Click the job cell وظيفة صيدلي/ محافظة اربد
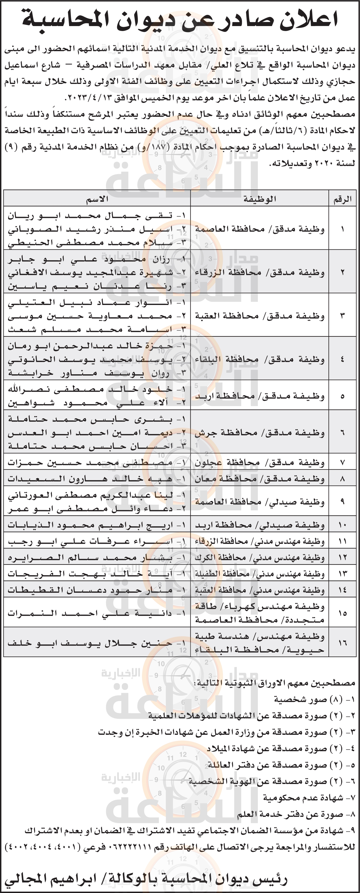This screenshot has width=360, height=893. (260, 525)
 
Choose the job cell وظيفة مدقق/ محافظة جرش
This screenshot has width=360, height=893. (260, 433)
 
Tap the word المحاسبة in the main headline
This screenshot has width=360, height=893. (69, 20)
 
